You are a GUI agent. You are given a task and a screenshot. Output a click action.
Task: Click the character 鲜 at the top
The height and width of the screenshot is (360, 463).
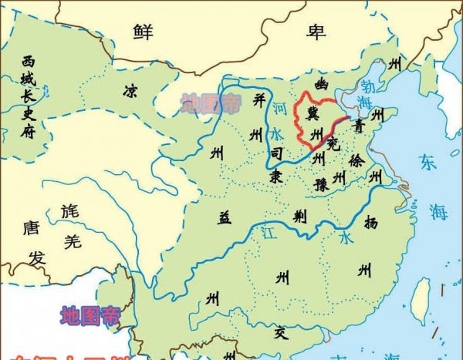(x=143, y=32)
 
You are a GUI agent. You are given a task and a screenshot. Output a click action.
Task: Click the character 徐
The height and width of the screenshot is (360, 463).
(x=355, y=161)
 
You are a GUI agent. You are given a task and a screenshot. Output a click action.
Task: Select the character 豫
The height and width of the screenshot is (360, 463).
(x=322, y=185)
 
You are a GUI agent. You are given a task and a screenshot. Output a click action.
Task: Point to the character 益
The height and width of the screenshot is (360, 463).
(x=224, y=217)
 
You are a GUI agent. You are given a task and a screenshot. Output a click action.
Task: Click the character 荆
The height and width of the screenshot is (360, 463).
(x=300, y=217)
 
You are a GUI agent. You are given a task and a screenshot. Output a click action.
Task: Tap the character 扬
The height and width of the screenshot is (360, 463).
(x=371, y=223)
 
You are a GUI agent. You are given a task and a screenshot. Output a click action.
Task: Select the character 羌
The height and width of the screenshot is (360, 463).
(x=73, y=242)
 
